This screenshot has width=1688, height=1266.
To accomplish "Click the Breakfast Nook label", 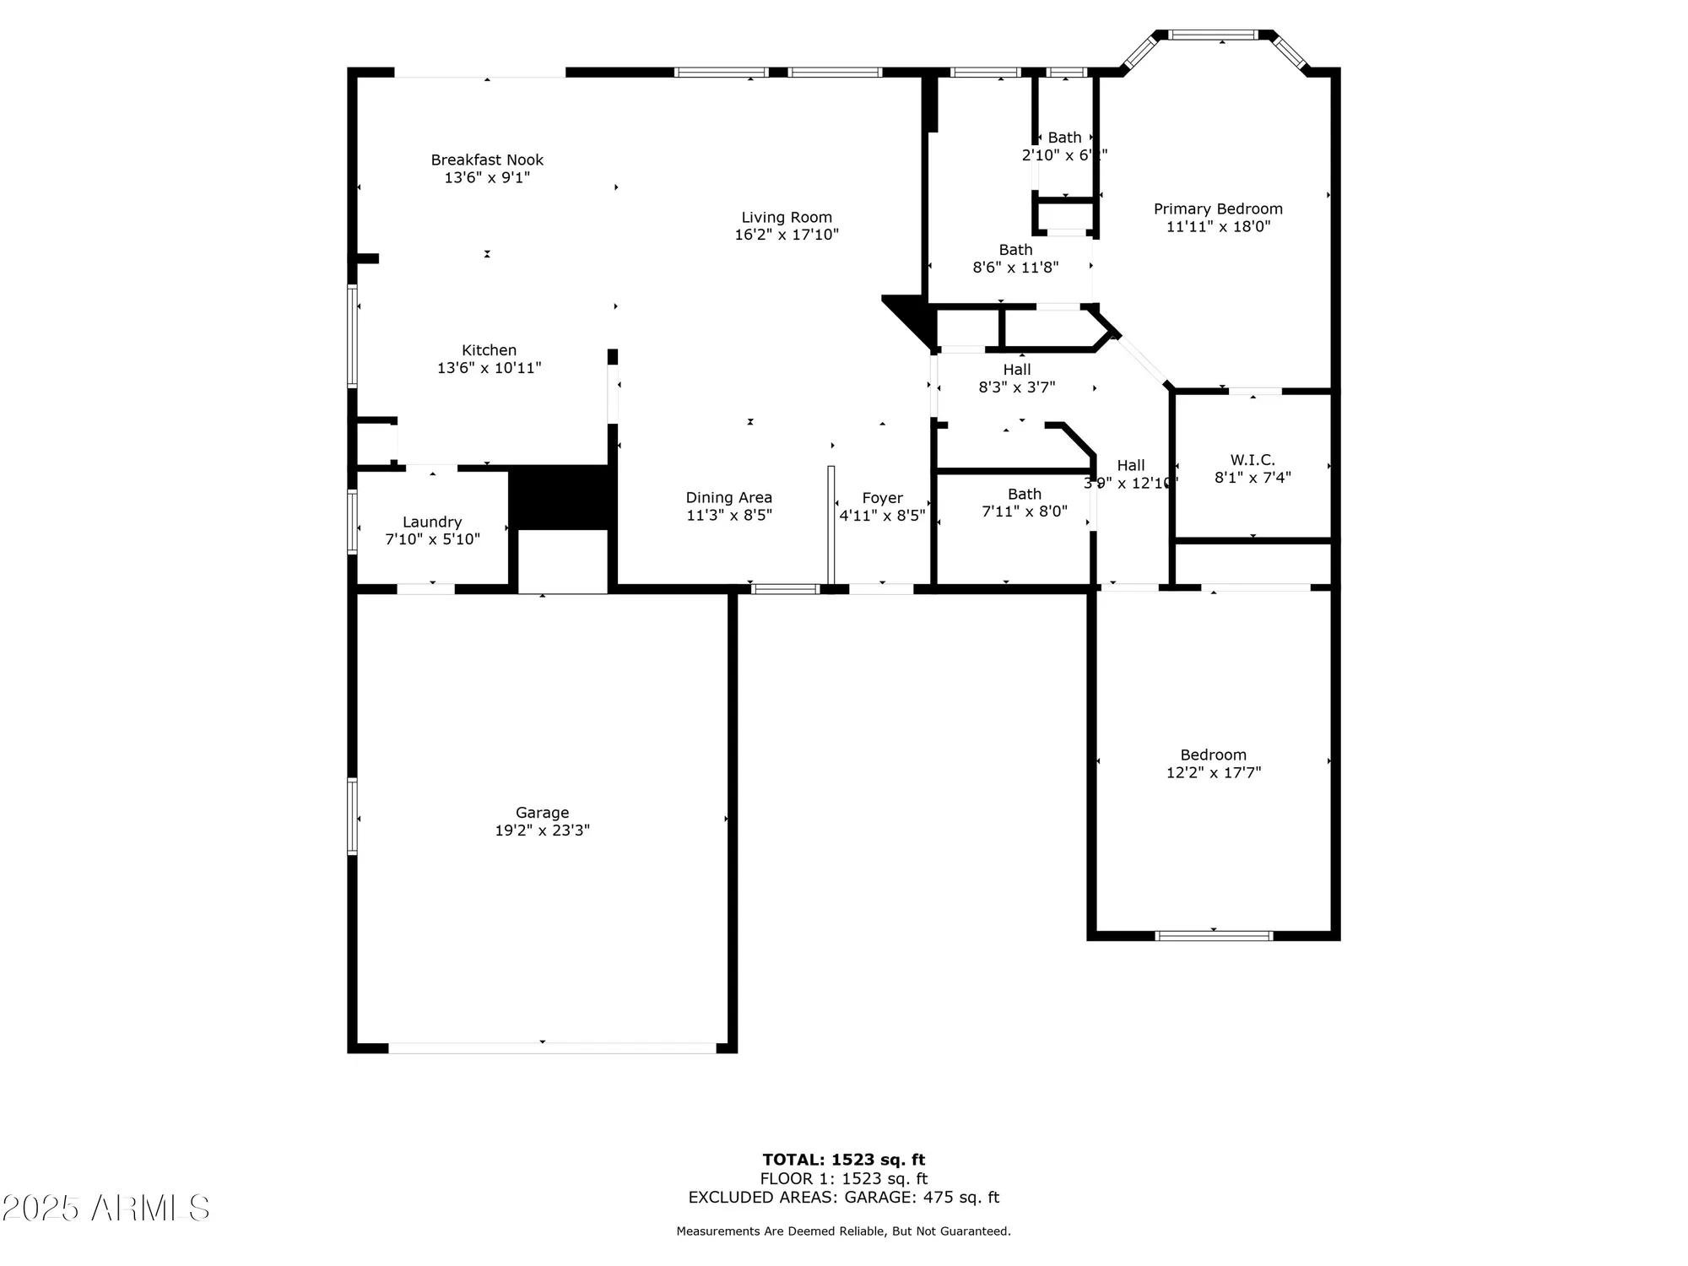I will (x=487, y=160).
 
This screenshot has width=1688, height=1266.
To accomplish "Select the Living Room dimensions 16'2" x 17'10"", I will (x=787, y=235).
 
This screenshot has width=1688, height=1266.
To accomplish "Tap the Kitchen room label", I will (x=489, y=350).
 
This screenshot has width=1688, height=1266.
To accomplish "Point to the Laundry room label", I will (x=432, y=522).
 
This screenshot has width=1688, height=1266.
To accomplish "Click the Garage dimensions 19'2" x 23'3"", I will (x=542, y=830).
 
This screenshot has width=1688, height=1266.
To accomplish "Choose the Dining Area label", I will (x=728, y=498).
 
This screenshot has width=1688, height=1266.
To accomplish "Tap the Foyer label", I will (x=882, y=498).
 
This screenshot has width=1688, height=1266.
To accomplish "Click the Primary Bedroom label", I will (x=1218, y=208).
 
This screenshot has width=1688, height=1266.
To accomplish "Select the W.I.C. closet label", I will (x=1252, y=460).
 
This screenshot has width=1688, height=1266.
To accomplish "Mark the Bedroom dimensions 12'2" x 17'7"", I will (x=1214, y=772).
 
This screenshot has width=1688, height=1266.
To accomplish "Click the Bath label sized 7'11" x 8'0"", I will (x=1024, y=494).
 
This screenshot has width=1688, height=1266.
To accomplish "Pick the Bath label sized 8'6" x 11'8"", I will (x=1015, y=250).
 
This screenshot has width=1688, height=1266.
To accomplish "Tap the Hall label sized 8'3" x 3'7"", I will (x=1016, y=370).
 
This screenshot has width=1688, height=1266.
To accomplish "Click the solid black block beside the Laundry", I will (x=560, y=498).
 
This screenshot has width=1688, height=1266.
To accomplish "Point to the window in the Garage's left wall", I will (x=353, y=816).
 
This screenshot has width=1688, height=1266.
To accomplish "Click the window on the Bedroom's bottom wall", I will (x=1213, y=935).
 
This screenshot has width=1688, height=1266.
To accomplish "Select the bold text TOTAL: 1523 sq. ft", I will (x=843, y=1160).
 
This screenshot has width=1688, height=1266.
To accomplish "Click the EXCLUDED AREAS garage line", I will (x=843, y=1197).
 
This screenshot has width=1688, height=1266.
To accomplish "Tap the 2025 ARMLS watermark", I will (x=105, y=1209).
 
